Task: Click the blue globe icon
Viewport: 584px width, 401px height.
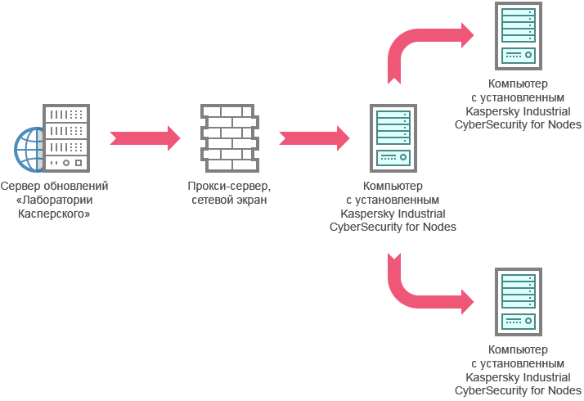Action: [29, 150]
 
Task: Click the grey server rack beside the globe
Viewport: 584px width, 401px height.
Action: [66, 137]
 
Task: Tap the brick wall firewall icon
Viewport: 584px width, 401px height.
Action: [229, 137]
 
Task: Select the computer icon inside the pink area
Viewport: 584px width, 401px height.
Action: [393, 137]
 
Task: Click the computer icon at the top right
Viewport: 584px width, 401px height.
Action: [518, 35]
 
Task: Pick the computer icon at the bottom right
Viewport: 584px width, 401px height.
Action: [518, 301]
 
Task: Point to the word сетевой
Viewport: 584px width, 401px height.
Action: [210, 200]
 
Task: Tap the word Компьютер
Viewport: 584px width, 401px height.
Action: [393, 187]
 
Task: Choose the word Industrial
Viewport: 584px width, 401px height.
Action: [420, 214]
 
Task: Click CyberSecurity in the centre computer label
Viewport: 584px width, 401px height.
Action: [366, 227]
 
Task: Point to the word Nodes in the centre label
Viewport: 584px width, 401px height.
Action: [439, 227]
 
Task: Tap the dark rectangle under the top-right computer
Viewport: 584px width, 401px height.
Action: [527, 105]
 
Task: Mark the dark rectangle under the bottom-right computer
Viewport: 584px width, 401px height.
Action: [520, 371]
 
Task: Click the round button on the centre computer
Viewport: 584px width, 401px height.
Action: [404, 157]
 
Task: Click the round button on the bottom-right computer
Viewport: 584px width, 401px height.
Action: [529, 321]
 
